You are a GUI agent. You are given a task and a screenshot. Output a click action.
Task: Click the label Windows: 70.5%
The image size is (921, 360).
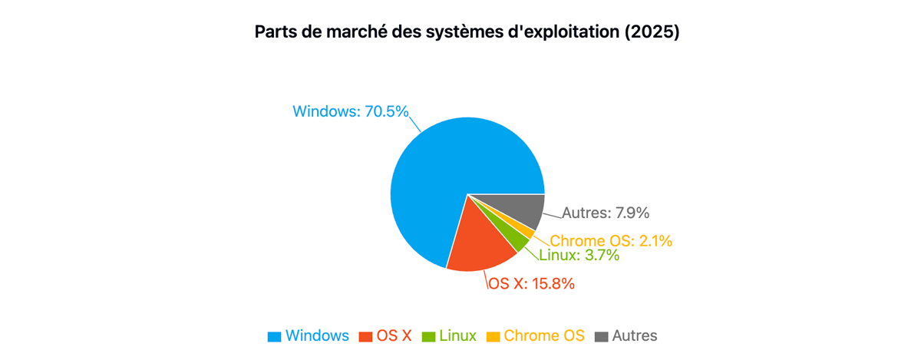click(x=350, y=111)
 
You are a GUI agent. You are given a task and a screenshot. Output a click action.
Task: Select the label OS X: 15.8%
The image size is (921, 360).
click(x=531, y=283)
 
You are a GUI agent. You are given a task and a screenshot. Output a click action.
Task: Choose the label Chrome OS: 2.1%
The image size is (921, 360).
click(x=611, y=241)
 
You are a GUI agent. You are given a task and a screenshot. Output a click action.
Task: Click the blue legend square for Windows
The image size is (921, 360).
click(x=274, y=336)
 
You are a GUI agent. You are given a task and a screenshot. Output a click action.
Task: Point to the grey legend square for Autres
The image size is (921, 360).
click(x=601, y=336)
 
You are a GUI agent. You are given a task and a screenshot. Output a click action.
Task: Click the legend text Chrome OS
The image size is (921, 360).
click(x=544, y=335)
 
